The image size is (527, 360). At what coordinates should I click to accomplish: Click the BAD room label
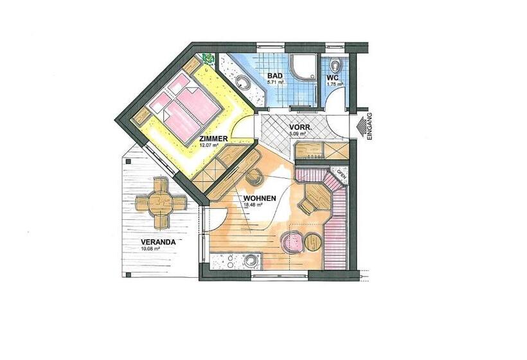(x=275, y=76)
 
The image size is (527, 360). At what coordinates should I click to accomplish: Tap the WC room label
(x=333, y=78)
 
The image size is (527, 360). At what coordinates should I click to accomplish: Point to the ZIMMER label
(x=213, y=139)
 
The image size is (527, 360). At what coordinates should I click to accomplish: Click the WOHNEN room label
(x=260, y=198)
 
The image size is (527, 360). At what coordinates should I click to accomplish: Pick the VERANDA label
(x=158, y=242)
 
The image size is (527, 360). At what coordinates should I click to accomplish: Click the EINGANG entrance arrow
(x=362, y=127)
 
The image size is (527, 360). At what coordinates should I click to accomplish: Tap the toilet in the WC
(x=335, y=64)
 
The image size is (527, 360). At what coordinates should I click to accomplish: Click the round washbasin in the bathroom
(x=242, y=82)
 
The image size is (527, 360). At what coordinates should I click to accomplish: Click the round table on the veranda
(x=161, y=203)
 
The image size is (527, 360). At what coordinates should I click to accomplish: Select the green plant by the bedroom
(x=209, y=59)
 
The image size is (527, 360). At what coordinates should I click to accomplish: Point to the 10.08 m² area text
(x=150, y=249)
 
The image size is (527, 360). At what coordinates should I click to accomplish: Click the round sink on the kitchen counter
(x=250, y=261)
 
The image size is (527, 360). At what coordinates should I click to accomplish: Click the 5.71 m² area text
(x=275, y=82)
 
